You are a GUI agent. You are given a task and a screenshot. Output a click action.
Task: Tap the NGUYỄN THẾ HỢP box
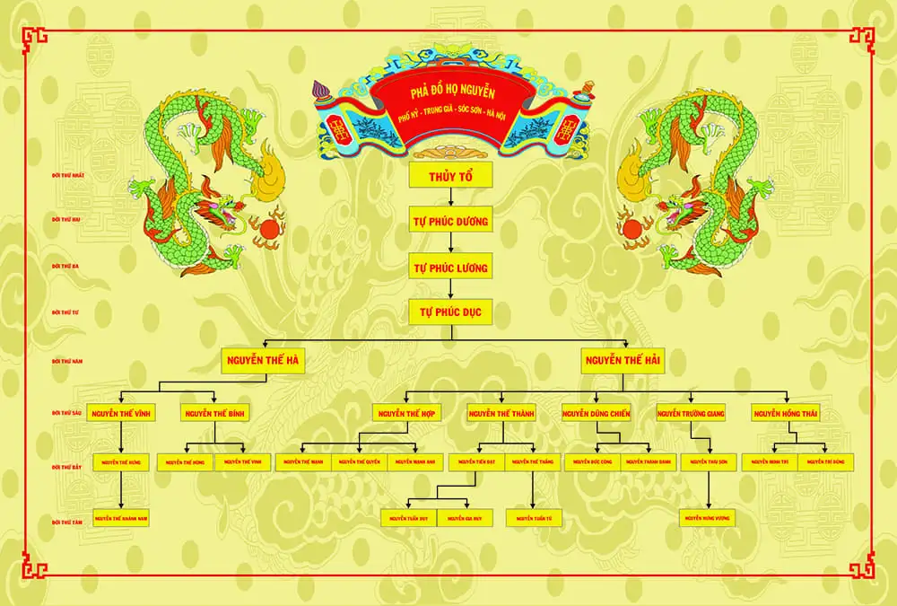pos(406,414)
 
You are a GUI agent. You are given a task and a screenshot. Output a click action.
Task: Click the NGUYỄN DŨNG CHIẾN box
pos(597,414)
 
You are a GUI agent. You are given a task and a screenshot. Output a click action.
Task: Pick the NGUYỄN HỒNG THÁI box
pos(787,414)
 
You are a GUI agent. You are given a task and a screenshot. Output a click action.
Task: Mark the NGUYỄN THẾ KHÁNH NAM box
pos(121,518)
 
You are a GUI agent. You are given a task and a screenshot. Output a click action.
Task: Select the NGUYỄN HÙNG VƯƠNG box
pos(710,518)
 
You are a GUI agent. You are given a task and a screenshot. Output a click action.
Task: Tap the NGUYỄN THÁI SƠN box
pos(710,461)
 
